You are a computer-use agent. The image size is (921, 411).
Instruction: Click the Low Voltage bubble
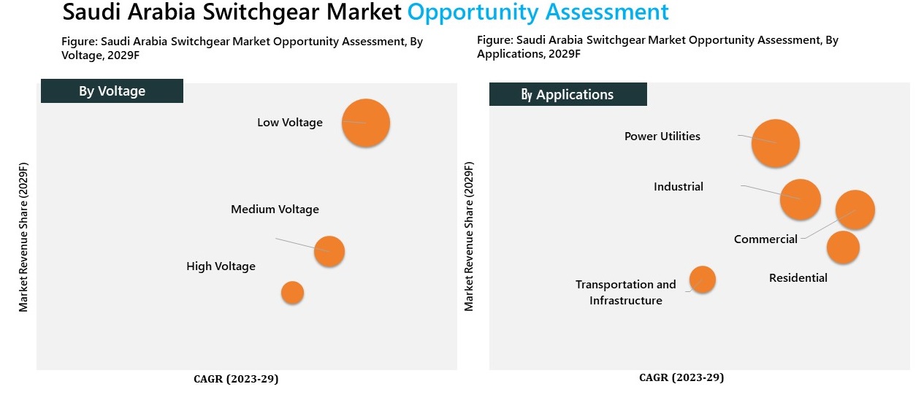pos(366,123)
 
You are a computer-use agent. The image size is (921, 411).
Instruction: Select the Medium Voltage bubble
pos(329,251)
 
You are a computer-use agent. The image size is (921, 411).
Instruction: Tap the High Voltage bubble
pos(292,293)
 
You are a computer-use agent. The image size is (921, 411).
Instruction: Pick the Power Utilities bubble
pos(776,143)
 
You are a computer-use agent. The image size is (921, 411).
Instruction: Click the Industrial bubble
pos(800,199)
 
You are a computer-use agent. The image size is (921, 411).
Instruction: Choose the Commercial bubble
pos(855,210)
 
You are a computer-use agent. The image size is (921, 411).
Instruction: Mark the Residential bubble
pos(843,247)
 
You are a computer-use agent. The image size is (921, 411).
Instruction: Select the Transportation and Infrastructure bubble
pos(703,279)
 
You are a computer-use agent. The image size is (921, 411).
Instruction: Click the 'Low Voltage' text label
pos(290,123)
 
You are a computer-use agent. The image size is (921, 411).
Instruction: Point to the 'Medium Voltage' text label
pos(275,210)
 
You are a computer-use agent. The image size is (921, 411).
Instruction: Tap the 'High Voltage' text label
pos(221,266)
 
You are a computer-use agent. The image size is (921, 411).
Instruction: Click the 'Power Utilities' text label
pos(662,137)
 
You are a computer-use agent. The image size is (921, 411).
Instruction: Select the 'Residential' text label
pos(798,278)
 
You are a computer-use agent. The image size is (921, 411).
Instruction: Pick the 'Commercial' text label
pos(765,239)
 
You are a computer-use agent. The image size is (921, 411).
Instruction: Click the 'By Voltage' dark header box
pos(112,91)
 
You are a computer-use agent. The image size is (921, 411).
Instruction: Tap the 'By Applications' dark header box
pos(567,94)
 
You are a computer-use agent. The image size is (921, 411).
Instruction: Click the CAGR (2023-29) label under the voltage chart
pos(236,379)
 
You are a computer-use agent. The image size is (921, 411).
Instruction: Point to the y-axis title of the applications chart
pos(469,235)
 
